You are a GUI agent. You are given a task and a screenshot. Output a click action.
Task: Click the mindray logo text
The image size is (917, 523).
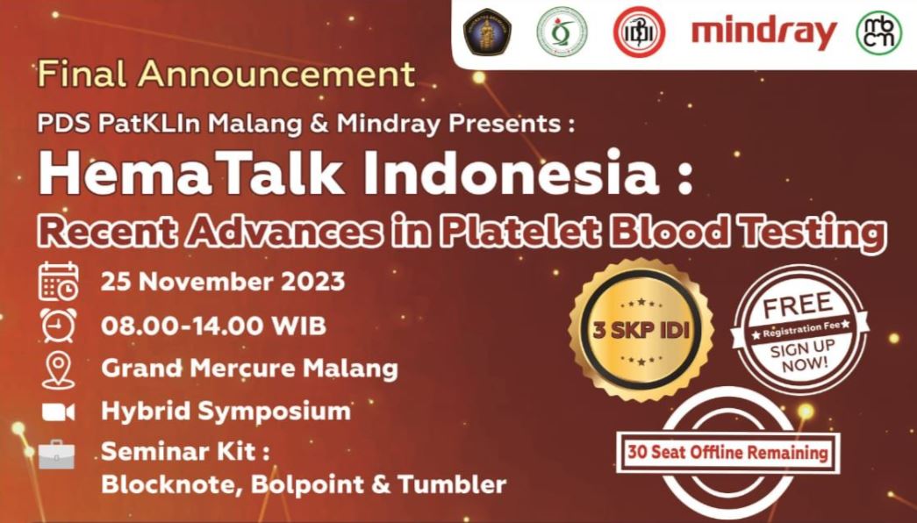[763, 33]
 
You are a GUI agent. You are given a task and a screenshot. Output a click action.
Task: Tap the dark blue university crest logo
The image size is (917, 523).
[486, 32]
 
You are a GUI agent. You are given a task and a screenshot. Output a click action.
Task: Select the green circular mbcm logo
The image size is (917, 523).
[879, 32]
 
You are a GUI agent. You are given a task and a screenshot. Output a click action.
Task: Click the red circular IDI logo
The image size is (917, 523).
[639, 32]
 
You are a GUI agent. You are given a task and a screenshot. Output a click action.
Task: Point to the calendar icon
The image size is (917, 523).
[59, 282]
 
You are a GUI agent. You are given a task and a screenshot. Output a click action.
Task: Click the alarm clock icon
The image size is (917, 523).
[59, 325]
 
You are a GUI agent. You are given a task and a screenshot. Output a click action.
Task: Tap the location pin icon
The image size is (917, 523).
[59, 369]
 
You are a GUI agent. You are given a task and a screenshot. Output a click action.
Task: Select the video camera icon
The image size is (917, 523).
[58, 412]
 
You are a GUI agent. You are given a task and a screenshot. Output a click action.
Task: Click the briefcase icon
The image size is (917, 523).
[57, 454]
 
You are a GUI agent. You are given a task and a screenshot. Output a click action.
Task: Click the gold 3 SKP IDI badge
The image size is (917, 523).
[641, 330]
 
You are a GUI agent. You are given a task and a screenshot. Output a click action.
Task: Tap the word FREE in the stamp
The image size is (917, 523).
[798, 305]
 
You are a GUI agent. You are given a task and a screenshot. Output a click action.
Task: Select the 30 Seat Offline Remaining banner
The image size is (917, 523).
[728, 452]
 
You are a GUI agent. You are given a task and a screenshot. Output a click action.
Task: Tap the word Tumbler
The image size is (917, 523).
[452, 484]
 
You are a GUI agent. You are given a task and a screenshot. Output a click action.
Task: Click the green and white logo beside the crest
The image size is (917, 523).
[562, 32]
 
